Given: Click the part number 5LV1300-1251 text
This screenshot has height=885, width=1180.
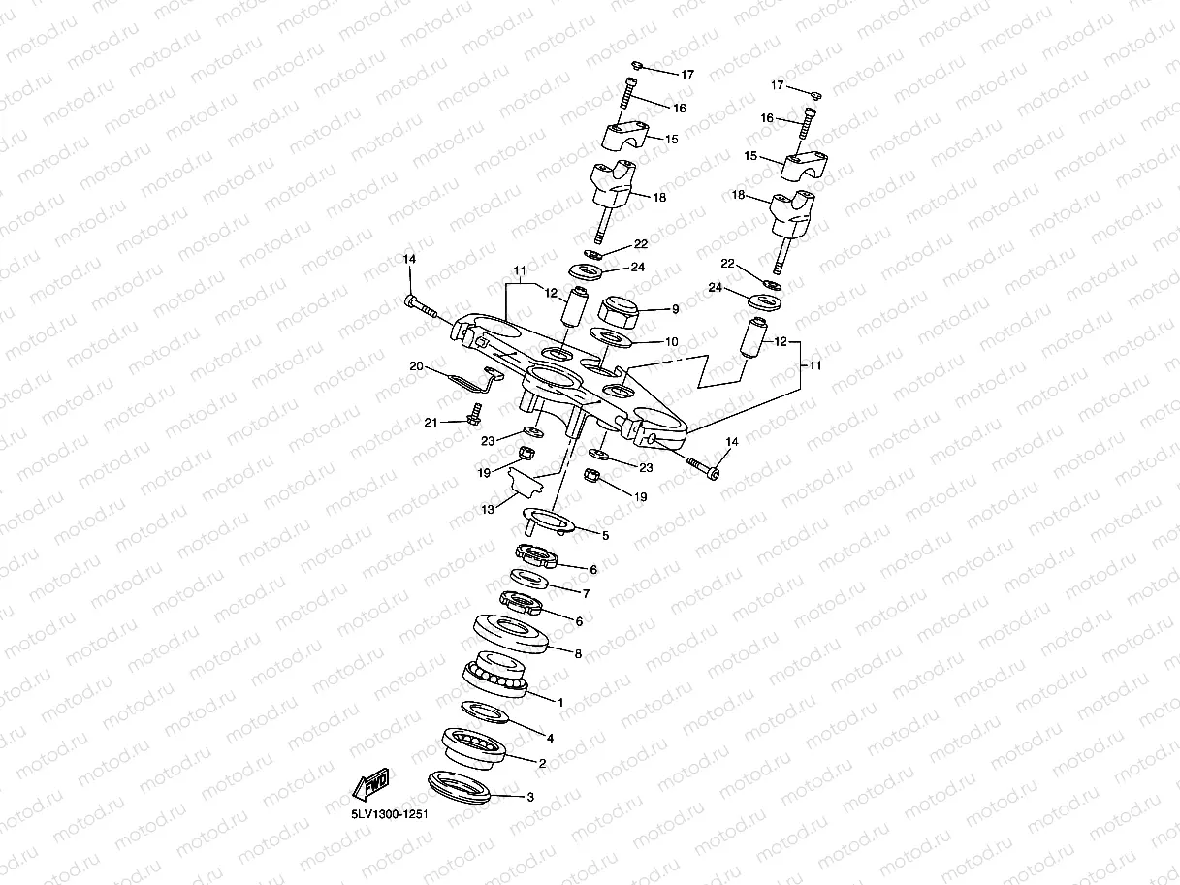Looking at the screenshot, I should click(x=390, y=815).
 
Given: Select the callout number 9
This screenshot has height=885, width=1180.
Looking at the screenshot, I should click(x=676, y=309).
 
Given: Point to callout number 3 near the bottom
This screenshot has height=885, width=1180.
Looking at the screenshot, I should click(x=529, y=798).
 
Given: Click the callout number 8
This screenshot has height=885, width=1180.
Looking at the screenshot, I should click(x=579, y=654).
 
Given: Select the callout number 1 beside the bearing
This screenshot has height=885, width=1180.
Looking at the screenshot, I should click(x=559, y=700).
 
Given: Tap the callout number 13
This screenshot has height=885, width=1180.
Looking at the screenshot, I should click(x=489, y=508).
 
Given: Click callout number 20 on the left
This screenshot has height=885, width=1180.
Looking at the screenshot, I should click(x=416, y=366).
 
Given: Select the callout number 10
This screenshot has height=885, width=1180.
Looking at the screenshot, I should click(x=671, y=342).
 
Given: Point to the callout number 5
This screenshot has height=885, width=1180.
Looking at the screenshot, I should click(x=605, y=535).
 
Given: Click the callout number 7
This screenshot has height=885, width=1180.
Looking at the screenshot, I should click(x=586, y=592).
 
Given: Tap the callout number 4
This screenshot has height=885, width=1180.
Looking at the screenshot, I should click(x=552, y=737).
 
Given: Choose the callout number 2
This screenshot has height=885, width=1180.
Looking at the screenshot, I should click(x=541, y=763).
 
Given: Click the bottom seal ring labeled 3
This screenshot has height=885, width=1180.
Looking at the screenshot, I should click(x=461, y=785).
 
